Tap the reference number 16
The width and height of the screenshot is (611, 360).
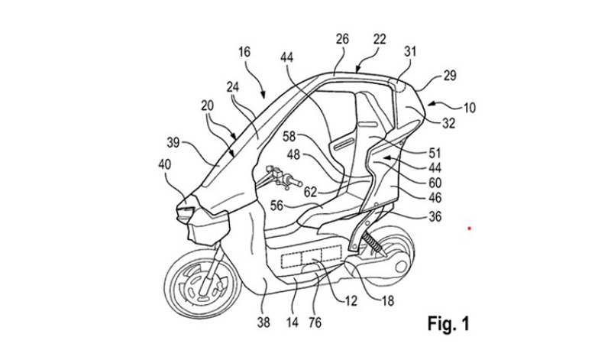click(244, 53)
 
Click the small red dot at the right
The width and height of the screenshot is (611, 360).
click(470, 227)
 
